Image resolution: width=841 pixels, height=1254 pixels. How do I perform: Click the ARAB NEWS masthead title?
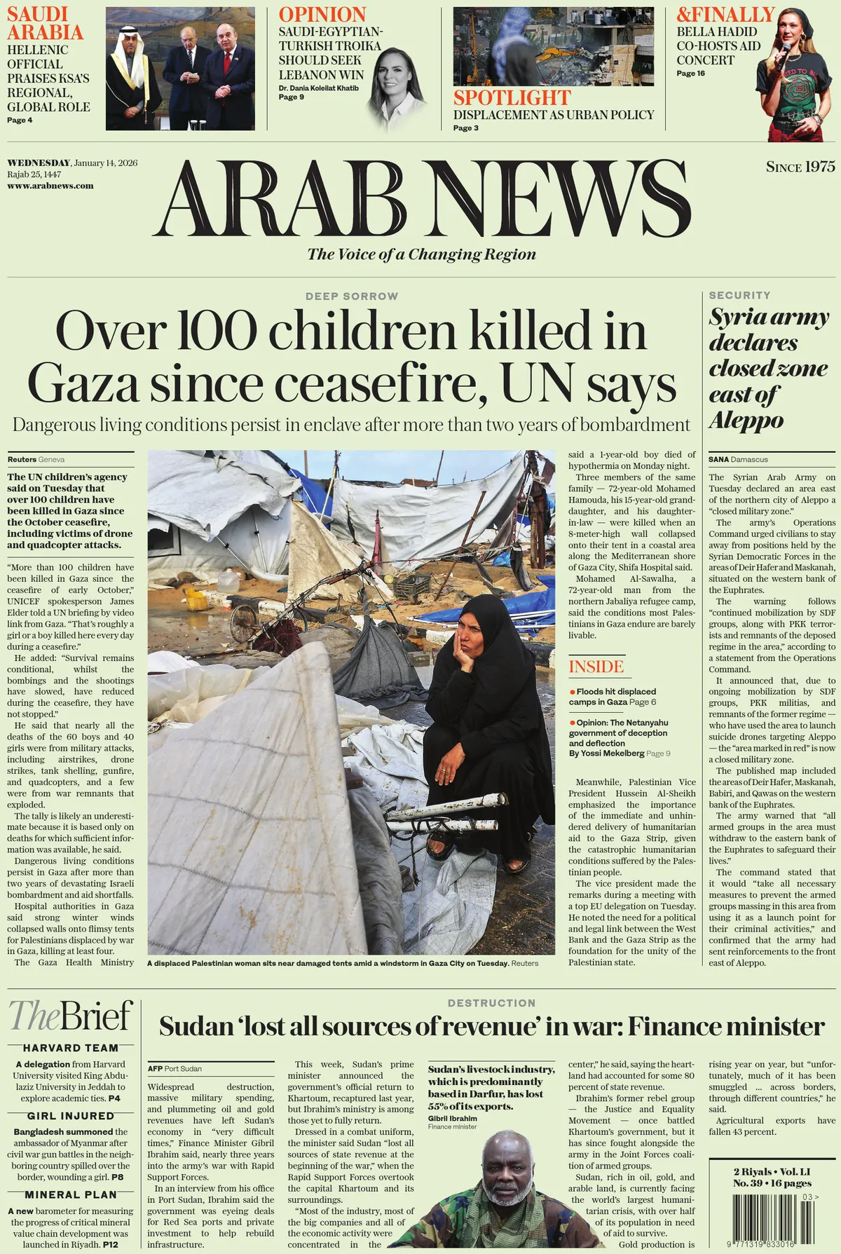click(x=421, y=199)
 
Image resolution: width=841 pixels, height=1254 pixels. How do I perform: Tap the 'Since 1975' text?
click(x=800, y=167)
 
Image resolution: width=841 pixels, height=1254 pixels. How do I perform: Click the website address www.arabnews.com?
click(x=50, y=186)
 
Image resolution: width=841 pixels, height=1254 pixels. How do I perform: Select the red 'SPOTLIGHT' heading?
click(x=512, y=97)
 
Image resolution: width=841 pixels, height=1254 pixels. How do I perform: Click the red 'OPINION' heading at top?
click(x=322, y=15)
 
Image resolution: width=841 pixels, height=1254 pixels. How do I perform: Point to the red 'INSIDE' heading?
click(x=596, y=667)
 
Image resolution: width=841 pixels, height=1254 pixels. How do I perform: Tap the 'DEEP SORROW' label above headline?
click(x=352, y=297)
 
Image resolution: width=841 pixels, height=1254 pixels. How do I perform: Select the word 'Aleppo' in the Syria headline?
click(x=746, y=421)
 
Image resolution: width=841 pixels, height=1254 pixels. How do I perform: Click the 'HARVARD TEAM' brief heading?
click(x=71, y=1048)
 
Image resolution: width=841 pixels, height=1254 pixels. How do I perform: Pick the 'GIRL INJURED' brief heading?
click(x=71, y=1116)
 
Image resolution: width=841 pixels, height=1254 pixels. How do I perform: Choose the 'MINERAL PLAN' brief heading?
click(x=71, y=1195)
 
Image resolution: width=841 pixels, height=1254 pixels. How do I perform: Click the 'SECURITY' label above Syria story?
click(x=739, y=296)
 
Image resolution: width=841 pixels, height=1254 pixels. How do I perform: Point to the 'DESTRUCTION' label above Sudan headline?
click(x=491, y=1003)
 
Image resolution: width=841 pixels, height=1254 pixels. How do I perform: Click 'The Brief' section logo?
click(x=71, y=1015)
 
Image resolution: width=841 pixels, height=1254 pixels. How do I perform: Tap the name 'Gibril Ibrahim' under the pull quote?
click(x=452, y=1119)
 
